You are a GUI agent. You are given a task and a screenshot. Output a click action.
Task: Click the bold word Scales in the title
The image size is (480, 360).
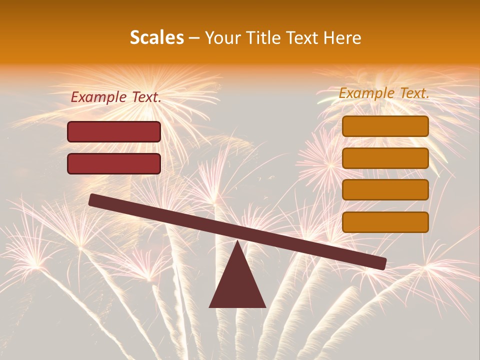[x=157, y=37]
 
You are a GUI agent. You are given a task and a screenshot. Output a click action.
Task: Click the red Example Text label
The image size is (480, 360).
[x=115, y=97]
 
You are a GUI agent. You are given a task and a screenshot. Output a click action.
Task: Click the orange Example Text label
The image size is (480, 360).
[x=384, y=93]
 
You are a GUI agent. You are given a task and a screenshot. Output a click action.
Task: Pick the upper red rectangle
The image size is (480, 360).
[x=114, y=131]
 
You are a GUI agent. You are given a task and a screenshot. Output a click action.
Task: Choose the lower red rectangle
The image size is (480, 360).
[x=114, y=163]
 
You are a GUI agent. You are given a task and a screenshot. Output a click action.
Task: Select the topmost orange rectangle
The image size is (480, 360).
[x=385, y=126]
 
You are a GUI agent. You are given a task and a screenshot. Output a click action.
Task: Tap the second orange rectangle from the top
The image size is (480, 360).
[x=385, y=158]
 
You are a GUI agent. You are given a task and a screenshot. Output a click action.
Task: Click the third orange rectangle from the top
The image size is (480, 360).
[x=385, y=190]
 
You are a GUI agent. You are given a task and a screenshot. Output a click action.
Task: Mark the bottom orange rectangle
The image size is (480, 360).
[x=385, y=222]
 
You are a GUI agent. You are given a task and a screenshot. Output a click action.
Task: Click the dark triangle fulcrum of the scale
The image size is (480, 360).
[x=237, y=285]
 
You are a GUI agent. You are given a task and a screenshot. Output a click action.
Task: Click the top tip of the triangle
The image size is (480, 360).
[x=237, y=242]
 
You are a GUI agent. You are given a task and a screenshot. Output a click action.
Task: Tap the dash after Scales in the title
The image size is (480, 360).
[x=194, y=38]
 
